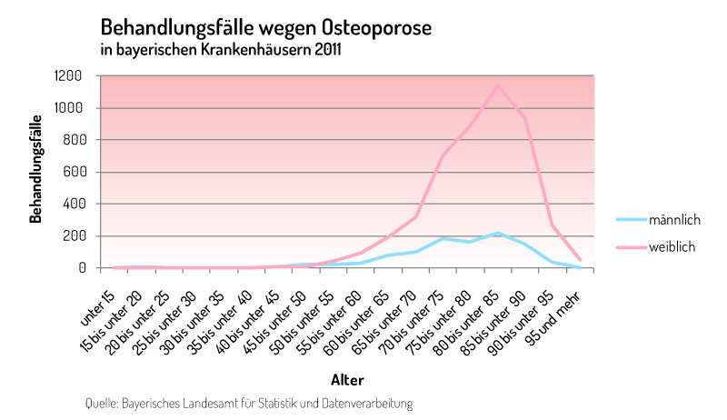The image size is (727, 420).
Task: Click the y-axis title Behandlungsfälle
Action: click(x=36, y=169)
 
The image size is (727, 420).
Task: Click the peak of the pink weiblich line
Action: click(x=497, y=85)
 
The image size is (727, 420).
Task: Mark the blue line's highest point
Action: click(x=497, y=234)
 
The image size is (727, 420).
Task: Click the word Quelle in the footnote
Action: click(x=101, y=402)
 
